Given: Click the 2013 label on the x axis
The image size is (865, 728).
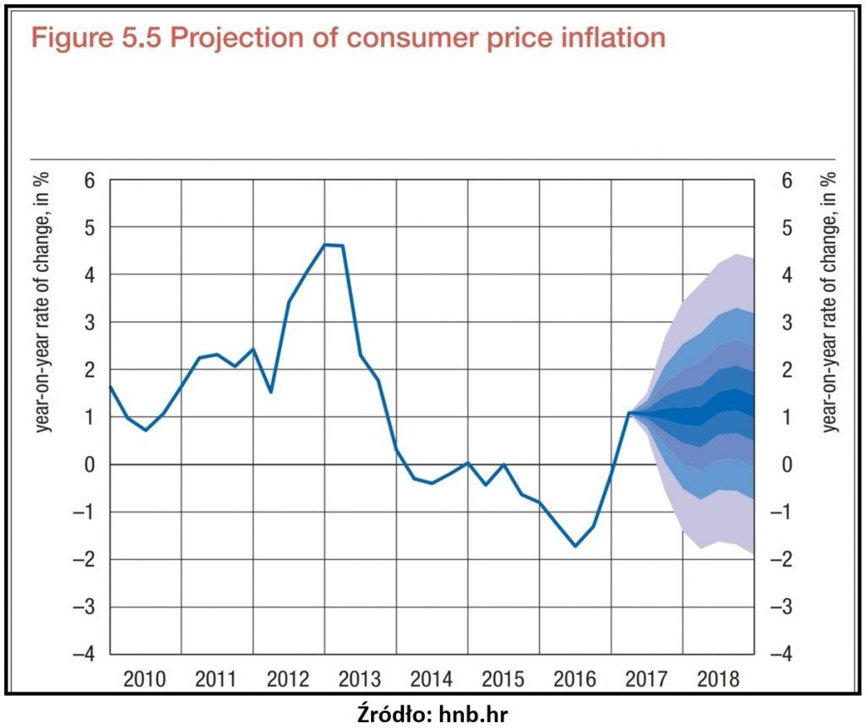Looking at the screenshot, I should pos(361,678).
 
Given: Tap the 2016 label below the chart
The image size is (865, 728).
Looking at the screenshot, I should pos(576,678).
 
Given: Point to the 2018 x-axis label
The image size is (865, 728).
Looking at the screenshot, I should pos(719,678).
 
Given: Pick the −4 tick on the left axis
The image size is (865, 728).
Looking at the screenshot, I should pos(86,655).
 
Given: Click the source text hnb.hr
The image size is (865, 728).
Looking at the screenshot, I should pos(474,714).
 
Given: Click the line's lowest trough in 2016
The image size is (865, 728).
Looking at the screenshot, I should pos(575,546).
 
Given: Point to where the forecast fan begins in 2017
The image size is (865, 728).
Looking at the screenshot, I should pos(629,413).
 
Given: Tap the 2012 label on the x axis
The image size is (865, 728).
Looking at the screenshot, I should pos(289,678).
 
